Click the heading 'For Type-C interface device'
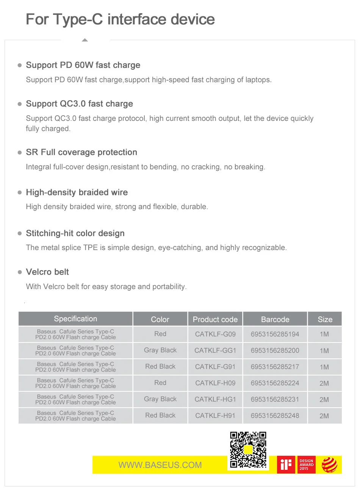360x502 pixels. (x=120, y=19)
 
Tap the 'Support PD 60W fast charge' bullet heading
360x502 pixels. (x=83, y=65)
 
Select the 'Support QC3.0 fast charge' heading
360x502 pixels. (x=79, y=104)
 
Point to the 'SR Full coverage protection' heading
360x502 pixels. (x=81, y=152)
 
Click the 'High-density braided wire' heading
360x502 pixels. (x=77, y=192)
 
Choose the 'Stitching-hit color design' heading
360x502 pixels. (x=75, y=233)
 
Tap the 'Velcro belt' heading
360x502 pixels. (x=47, y=272)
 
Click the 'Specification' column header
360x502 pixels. (x=75, y=319)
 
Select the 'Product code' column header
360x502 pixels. (x=215, y=319)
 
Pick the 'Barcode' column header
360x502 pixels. (x=275, y=319)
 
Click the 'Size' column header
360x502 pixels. (x=325, y=319)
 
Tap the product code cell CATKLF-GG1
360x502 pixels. (x=215, y=350)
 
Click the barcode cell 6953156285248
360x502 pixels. (x=275, y=416)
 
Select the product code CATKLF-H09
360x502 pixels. (x=215, y=383)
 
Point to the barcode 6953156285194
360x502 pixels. (x=275, y=334)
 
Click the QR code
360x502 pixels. (x=248, y=450)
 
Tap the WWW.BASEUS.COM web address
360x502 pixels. (x=160, y=465)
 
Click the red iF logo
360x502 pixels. (x=286, y=464)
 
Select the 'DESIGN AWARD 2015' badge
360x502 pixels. (x=306, y=465)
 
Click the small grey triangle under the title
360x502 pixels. (x=85, y=40)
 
